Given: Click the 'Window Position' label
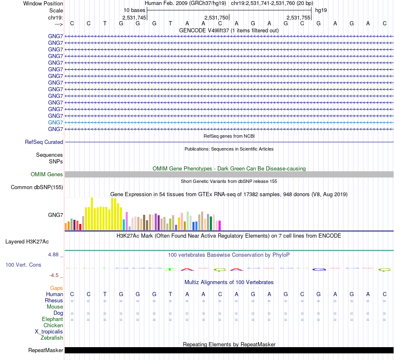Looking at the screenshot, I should [43, 3].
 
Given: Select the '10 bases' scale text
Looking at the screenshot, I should [134, 10].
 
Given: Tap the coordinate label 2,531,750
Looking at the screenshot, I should [216, 17].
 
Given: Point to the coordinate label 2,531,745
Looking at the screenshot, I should [134, 17].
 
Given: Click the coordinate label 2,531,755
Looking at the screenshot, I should [298, 17].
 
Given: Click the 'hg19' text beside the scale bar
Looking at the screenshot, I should [321, 10].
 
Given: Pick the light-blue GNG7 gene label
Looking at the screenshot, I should [56, 122].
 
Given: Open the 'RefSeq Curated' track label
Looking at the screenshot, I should [44, 142].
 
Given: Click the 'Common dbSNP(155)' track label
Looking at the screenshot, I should [37, 187].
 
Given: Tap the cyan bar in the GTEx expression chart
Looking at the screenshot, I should [124, 224].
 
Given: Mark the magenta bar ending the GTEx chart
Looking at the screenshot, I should [219, 225].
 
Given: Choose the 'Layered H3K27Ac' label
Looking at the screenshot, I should [33, 241].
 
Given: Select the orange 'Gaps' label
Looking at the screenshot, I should [56, 288].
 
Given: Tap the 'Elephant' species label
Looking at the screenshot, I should [52, 319].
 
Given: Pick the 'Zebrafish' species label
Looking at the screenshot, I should [51, 338].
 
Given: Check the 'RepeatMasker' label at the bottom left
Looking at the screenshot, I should [46, 350].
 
